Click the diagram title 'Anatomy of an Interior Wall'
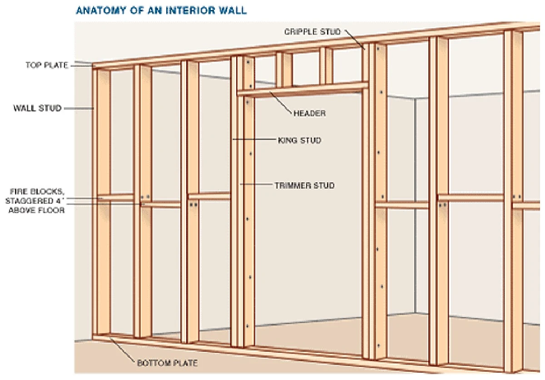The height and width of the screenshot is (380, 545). coord(161,10)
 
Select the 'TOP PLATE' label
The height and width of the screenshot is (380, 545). coord(47,65)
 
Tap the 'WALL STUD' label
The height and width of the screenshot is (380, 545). coord(37,108)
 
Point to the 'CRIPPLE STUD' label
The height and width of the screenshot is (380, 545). coord(312,32)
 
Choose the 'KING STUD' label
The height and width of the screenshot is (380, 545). coord(299,140)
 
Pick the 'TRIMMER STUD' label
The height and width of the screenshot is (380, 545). coord(304,185)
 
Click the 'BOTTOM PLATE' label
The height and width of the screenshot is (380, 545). coord(167,363)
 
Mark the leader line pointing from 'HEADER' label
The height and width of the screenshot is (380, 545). coord(282,102)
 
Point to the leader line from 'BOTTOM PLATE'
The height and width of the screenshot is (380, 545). coord(123,350)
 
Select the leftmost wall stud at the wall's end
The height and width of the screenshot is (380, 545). coord(103,200)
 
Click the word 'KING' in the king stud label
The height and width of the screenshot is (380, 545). coord(287,140)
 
